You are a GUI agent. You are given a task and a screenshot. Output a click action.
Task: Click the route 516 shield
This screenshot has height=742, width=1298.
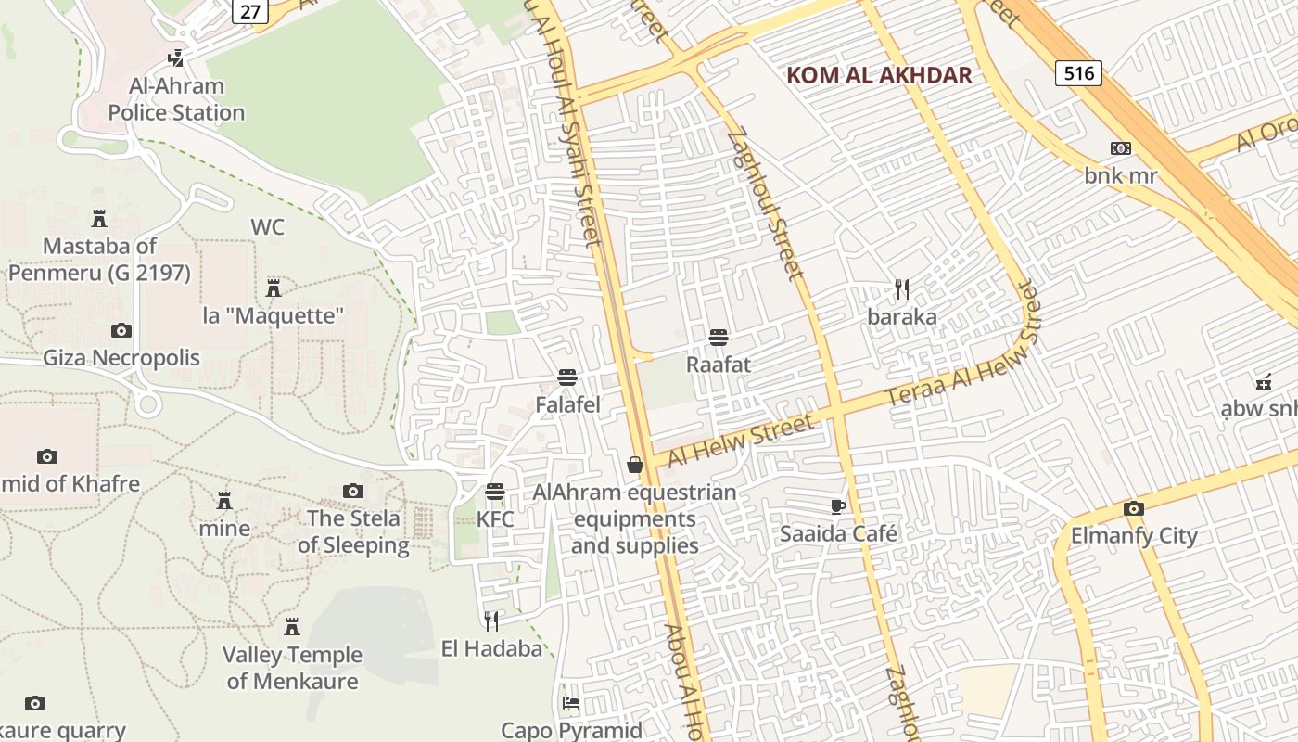1079,73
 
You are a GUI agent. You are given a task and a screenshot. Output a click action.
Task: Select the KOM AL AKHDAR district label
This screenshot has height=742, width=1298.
879,75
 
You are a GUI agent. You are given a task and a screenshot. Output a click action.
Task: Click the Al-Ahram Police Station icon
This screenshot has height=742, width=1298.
175,58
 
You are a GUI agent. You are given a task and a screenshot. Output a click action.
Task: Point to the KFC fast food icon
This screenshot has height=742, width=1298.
495,491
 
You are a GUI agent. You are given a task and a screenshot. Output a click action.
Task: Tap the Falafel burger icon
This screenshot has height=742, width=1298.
567,377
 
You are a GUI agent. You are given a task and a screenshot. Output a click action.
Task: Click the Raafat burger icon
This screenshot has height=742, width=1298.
719,337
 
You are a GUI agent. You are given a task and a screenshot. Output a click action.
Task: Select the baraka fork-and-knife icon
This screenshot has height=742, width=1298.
902,288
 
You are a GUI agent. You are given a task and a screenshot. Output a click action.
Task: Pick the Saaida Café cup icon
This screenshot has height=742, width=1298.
838,506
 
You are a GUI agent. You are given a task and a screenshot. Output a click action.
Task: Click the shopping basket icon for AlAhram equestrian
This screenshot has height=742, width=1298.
635,464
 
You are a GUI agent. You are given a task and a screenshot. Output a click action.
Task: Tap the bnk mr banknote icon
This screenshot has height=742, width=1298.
1121,148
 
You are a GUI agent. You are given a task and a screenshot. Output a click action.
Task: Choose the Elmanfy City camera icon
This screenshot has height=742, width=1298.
1134,508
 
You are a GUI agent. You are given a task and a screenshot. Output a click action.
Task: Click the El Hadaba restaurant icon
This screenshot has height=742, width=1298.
491,620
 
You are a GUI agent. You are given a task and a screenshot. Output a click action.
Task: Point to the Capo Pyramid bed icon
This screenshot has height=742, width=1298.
571,702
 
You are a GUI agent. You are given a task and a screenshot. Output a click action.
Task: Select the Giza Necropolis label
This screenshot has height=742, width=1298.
121,358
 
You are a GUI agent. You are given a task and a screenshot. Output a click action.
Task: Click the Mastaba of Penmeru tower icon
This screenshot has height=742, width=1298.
99,219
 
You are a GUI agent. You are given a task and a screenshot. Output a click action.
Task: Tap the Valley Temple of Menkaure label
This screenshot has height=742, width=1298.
292,668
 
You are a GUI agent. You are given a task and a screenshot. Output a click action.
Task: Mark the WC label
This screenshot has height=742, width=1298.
267,227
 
